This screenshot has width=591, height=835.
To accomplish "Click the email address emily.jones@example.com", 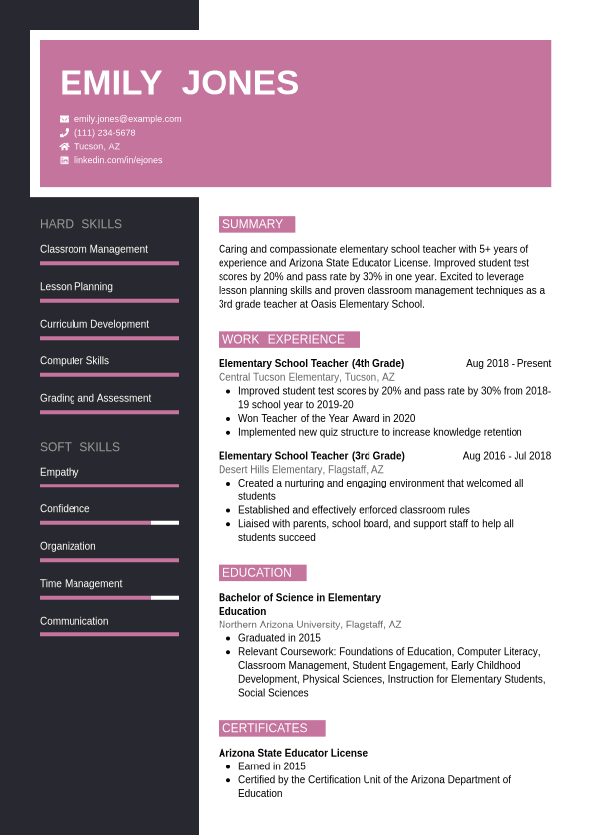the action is pyautogui.click(x=127, y=119).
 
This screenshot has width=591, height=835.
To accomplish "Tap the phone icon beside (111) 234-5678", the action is pyautogui.click(x=65, y=133).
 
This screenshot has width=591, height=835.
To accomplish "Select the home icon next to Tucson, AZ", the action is pyautogui.click(x=65, y=146).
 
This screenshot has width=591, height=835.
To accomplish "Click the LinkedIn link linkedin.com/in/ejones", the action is pyautogui.click(x=118, y=160).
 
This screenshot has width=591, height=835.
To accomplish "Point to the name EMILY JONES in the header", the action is pyautogui.click(x=179, y=83).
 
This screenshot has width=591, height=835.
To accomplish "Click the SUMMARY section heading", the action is pyautogui.click(x=253, y=224).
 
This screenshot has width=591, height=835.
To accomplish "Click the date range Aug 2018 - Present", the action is pyautogui.click(x=508, y=364).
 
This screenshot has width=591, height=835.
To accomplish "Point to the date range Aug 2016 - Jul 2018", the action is pyautogui.click(x=507, y=456).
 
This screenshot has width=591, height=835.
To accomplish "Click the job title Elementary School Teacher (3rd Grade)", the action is pyautogui.click(x=312, y=456).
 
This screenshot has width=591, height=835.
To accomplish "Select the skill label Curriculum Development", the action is pyautogui.click(x=94, y=324).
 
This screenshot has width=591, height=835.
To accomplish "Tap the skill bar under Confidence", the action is pyautogui.click(x=109, y=522).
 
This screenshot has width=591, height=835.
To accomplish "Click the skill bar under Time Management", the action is pyautogui.click(x=109, y=597).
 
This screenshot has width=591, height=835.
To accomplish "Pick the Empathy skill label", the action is pyautogui.click(x=60, y=472).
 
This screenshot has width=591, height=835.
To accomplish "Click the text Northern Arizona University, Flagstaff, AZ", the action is pyautogui.click(x=310, y=626).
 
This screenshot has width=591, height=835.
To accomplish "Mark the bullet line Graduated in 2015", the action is pyautogui.click(x=279, y=638).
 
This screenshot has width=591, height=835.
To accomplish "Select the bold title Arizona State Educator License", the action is pyautogui.click(x=293, y=753).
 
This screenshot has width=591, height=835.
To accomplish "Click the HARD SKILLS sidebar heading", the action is pyautogui.click(x=80, y=224).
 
